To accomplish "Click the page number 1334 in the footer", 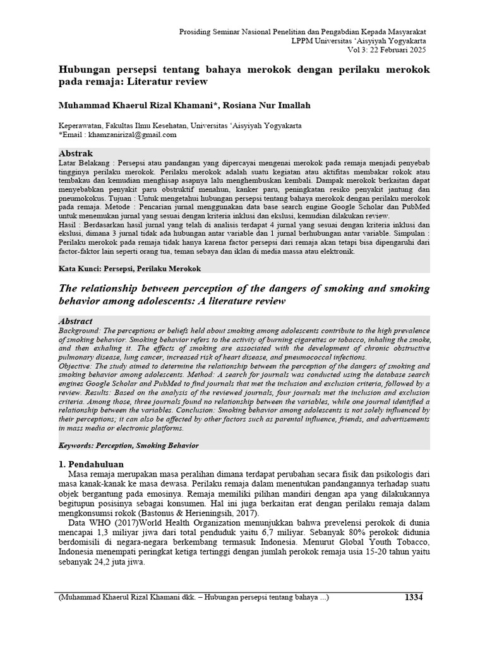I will coord(413,598).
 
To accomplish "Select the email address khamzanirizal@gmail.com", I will coord(133,135).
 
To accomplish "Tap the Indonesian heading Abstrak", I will coord(75,154).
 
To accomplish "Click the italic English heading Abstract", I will coord(75,321).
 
